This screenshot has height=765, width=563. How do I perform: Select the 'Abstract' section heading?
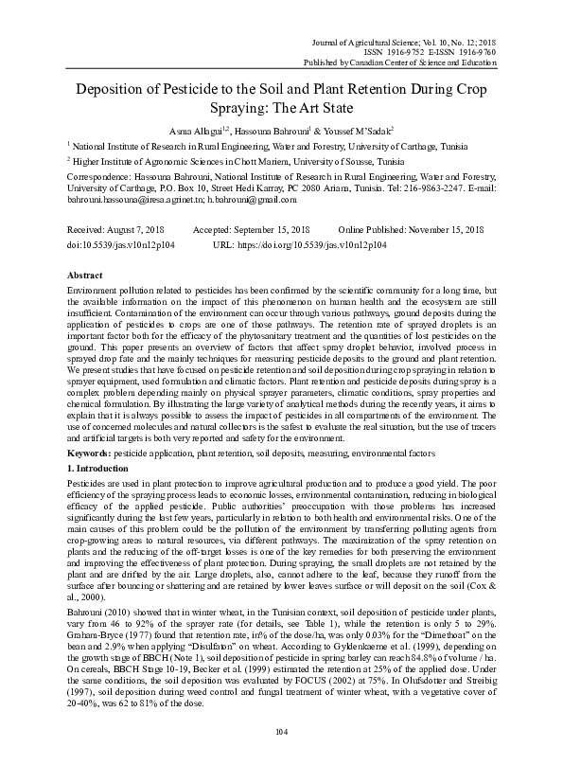(84, 273)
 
